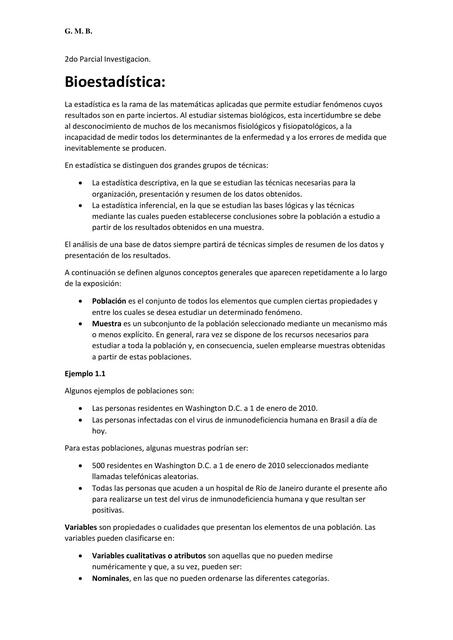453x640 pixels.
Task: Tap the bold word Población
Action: point(109,300)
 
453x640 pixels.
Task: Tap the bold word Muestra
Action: point(107,324)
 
